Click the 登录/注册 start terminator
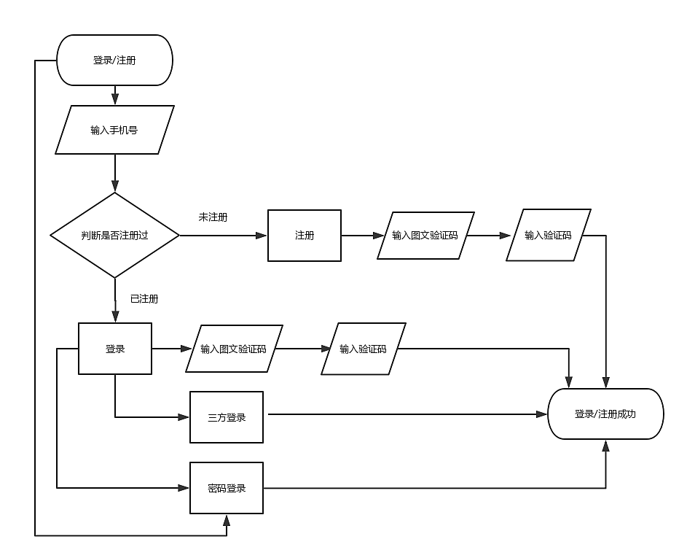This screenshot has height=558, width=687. pyautogui.click(x=114, y=61)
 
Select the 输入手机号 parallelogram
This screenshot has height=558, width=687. pyautogui.click(x=115, y=130)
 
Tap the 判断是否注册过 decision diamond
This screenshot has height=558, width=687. pyautogui.click(x=114, y=235)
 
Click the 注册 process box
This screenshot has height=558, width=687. pyautogui.click(x=305, y=236)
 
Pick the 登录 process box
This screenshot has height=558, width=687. pyautogui.click(x=115, y=349)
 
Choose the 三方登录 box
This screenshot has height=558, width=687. pyautogui.click(x=227, y=417)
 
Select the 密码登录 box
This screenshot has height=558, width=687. pyautogui.click(x=227, y=488)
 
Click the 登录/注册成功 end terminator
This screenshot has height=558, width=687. pyautogui.click(x=605, y=414)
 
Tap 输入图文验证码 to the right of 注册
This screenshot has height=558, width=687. pyautogui.click(x=425, y=236)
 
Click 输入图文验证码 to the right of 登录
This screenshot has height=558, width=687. pyautogui.click(x=234, y=349)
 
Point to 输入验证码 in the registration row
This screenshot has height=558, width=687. pyautogui.click(x=548, y=236)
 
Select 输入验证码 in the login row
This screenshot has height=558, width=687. pyautogui.click(x=364, y=349)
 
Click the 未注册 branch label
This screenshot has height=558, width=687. pyautogui.click(x=213, y=217)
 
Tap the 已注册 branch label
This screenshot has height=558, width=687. pyautogui.click(x=144, y=298)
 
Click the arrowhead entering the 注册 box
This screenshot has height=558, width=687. pyautogui.click(x=263, y=236)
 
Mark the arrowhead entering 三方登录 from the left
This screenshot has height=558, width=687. pyautogui.click(x=184, y=417)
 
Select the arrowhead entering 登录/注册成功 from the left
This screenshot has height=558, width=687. pyautogui.click(x=542, y=414)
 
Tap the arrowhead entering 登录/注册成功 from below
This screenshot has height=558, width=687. pyautogui.click(x=605, y=444)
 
